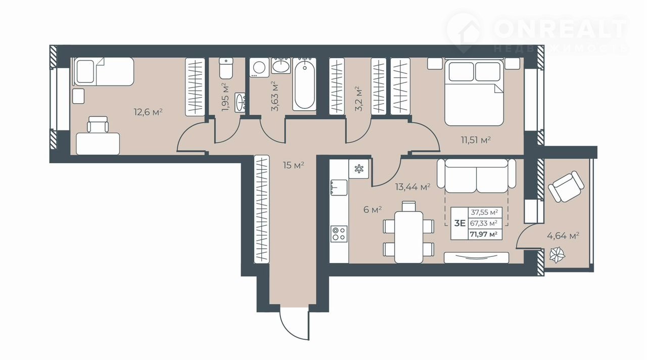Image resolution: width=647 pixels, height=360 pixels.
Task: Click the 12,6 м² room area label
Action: (148, 112)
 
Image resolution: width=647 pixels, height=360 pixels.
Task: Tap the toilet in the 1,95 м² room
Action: (226, 68)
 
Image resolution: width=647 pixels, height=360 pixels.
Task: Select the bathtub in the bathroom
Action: (304, 84)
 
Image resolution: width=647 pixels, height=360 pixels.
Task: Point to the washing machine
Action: (259, 68)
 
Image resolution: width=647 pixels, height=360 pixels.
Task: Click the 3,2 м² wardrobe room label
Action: (358, 99)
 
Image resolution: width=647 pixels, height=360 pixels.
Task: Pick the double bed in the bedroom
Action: (474, 93)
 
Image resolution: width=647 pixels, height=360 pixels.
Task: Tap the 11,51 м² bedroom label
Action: (476, 141)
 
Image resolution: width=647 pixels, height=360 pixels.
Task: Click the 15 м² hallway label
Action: (294, 165)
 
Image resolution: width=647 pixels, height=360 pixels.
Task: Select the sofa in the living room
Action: (476, 175)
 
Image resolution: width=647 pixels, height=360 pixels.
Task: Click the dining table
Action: (409, 237)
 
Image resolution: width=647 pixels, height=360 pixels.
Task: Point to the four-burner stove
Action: (339, 234)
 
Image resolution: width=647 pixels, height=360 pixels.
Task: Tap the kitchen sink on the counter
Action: (339, 188)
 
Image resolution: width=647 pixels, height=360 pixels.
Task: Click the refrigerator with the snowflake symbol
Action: (359, 169)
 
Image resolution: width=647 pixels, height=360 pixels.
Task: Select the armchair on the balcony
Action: (566, 187)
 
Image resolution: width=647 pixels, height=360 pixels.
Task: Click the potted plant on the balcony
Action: (557, 255)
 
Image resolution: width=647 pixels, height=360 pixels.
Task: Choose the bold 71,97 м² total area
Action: (484, 234)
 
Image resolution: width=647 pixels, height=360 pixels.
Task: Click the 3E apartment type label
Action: (460, 223)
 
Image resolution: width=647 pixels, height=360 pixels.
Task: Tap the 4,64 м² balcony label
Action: (563, 236)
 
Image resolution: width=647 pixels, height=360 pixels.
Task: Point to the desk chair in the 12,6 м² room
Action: (98, 124)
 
